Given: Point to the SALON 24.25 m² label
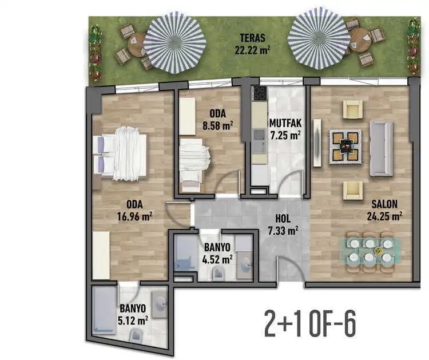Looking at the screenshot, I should [x=384, y=210].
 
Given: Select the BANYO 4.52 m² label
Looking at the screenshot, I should [x=217, y=254].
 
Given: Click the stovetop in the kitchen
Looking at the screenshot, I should [x=259, y=93].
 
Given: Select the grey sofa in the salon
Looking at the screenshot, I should [x=381, y=148].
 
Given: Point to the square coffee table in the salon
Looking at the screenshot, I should [x=345, y=147].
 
